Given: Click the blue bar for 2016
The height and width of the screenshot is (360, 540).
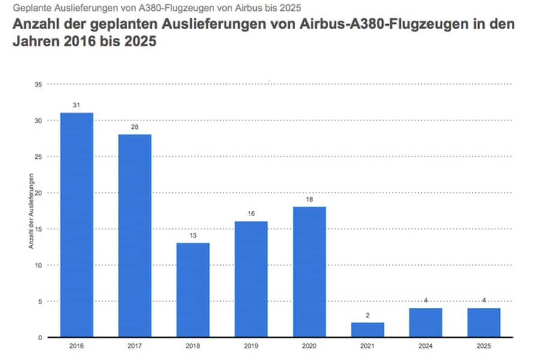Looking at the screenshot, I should point(76,225).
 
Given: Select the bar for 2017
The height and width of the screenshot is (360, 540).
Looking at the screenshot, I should point(134,236).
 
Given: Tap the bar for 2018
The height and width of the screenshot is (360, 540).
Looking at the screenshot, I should point(193,290).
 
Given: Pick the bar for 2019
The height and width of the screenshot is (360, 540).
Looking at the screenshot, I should point(251,279).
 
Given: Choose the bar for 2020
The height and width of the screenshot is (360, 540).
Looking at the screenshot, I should point(309,272).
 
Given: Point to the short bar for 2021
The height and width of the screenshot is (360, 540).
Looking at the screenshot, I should point(367,329).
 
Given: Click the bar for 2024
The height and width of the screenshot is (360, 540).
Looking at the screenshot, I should point(425,322).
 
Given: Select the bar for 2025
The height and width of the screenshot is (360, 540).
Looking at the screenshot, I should point(484,322).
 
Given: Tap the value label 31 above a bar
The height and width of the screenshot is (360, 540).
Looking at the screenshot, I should point(76,105).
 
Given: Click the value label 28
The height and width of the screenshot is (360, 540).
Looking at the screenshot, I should point(134,127).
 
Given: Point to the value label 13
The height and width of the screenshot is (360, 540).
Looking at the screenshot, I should point(193,235).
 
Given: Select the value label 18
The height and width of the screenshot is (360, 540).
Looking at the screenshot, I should point(309,199).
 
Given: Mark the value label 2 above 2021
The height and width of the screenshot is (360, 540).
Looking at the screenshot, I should point(367,314).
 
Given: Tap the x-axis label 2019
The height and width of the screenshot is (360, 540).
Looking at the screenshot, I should point(251,347).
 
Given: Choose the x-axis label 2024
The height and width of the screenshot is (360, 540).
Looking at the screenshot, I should point(425,347).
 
